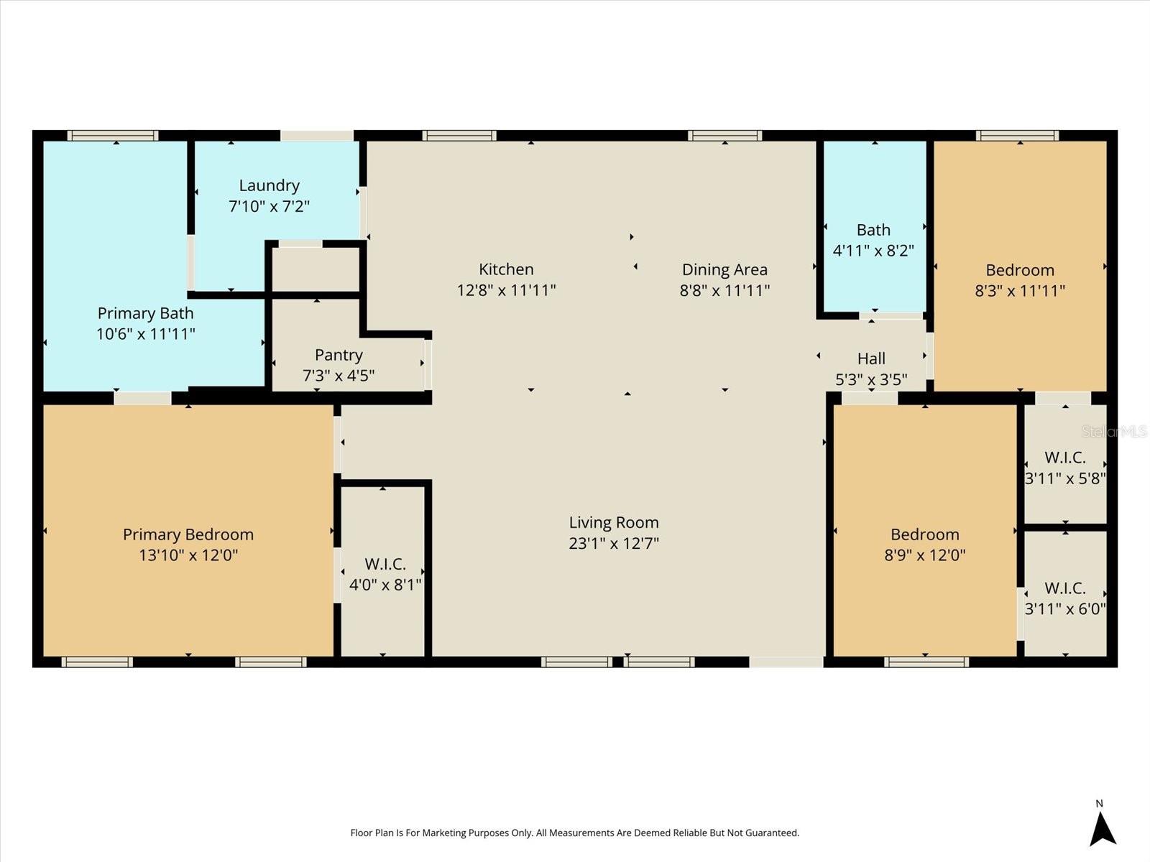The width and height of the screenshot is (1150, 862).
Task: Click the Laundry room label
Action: tap(269, 186)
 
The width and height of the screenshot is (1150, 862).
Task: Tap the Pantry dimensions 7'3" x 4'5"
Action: tap(339, 376)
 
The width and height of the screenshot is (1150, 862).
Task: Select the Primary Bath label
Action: tap(145, 313)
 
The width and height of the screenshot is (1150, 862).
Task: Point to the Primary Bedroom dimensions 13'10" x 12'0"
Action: tap(188, 555)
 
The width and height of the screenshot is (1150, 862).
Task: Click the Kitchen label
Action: tap(506, 269)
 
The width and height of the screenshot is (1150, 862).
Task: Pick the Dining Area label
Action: tap(724, 269)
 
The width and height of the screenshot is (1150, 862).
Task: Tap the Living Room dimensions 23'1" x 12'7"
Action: tap(613, 543)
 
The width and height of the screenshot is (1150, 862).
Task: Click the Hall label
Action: tap(871, 358)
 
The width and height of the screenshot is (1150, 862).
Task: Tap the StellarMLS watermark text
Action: tap(1113, 432)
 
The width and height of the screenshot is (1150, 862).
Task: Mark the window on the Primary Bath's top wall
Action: tap(113, 135)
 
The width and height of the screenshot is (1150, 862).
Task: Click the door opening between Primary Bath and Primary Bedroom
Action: tap(142, 398)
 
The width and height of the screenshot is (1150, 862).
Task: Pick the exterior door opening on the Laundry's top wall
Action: tap(316, 135)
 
